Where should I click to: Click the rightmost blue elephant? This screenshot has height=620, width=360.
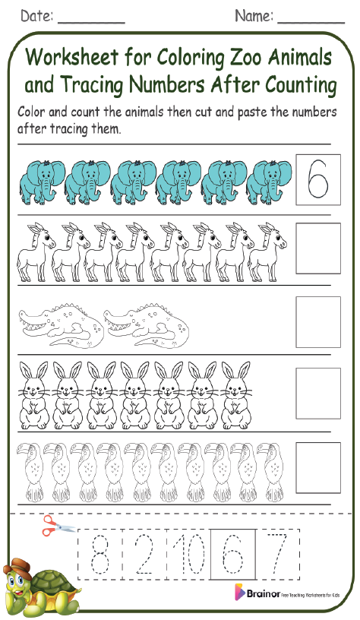tap(268, 181)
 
